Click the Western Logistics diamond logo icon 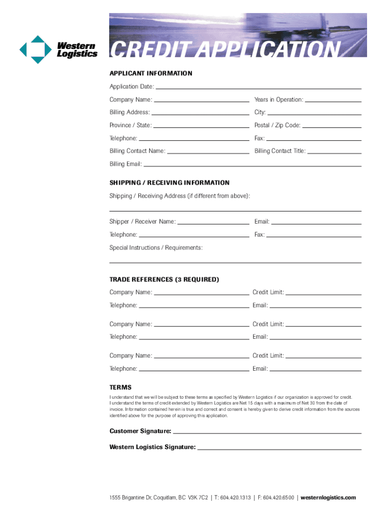(35, 49)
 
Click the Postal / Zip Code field (332, 126)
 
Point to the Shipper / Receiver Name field (213, 222)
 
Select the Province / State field (201, 126)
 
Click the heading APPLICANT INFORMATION (151, 73)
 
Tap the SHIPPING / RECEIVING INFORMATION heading (170, 183)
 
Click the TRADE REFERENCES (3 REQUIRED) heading (164, 279)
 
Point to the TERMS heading (121, 387)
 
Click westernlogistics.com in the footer (328, 498)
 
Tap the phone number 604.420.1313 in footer (234, 498)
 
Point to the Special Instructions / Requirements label (156, 248)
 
